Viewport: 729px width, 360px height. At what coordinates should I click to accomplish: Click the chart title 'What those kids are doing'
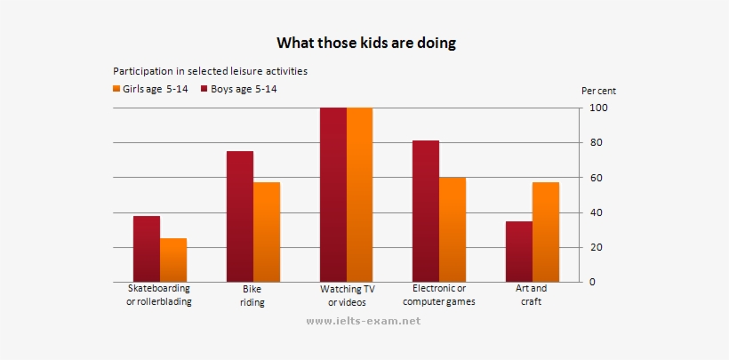click(x=365, y=43)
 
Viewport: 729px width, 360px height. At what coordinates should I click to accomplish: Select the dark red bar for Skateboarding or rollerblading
click(x=147, y=249)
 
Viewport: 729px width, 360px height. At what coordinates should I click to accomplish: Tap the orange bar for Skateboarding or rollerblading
click(x=173, y=260)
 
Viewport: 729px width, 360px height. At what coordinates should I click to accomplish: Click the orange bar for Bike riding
click(x=267, y=232)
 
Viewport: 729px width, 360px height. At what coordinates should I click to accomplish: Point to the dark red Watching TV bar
click(x=333, y=195)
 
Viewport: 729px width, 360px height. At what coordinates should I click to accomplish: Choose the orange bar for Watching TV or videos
click(x=359, y=195)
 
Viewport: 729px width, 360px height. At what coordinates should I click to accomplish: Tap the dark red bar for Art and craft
click(x=518, y=252)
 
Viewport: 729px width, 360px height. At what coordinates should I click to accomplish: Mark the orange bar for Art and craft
click(x=545, y=232)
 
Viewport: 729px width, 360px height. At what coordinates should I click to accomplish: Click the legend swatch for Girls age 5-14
click(x=116, y=89)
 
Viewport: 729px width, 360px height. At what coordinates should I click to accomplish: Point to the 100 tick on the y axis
click(x=598, y=108)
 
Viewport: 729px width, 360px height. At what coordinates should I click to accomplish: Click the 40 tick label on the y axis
click(x=598, y=212)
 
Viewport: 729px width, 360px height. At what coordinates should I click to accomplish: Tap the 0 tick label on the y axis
click(x=593, y=282)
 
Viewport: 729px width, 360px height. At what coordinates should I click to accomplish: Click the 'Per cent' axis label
click(x=598, y=91)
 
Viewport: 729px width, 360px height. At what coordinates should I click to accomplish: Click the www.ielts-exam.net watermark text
click(x=363, y=321)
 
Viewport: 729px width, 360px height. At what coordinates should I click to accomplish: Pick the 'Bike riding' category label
click(x=252, y=295)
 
